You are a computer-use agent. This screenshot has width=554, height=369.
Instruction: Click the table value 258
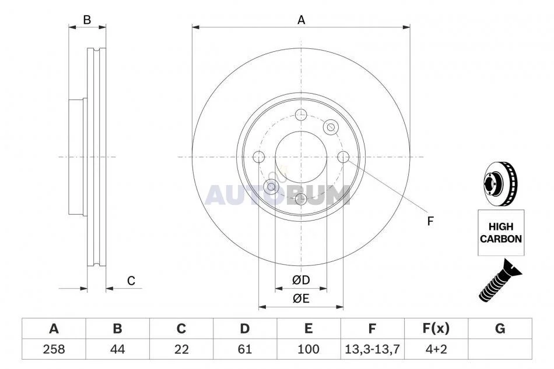(54, 349)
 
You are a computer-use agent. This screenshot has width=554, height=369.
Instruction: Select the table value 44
(117, 349)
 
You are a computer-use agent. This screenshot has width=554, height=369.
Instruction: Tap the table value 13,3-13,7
(372, 349)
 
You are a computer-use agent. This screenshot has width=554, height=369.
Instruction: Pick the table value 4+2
(436, 349)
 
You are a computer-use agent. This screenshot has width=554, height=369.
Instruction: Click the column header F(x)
(436, 328)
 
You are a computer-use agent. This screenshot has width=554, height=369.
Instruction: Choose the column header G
(500, 328)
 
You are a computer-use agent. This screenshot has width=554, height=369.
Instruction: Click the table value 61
(244, 349)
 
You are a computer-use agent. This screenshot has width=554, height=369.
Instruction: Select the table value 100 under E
(308, 349)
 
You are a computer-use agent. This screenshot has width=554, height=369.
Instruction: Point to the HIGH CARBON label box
(501, 233)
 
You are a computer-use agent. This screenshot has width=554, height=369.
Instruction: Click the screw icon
(500, 280)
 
